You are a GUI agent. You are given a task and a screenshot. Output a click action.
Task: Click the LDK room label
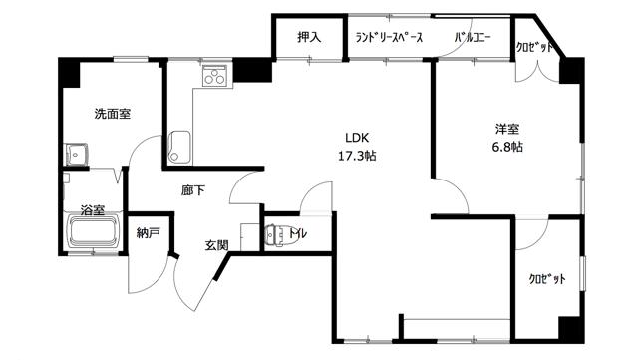[357, 138]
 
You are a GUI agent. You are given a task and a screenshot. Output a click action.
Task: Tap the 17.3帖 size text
[357, 156]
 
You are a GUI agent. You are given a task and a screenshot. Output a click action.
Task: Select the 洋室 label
[507, 129]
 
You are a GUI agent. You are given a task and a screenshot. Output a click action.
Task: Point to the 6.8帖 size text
[507, 147]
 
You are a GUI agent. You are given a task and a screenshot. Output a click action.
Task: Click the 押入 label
[309, 37]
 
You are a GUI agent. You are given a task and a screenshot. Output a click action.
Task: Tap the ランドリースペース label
[389, 38]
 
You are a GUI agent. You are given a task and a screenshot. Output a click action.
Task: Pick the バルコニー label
[473, 38]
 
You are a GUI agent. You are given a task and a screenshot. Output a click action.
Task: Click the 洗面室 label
[113, 114]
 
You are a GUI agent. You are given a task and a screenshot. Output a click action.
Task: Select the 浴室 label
[93, 210]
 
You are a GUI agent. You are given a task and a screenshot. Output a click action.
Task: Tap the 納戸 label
[149, 233]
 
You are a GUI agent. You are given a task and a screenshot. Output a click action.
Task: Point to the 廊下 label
[193, 190]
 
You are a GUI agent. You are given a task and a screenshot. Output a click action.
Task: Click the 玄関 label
[216, 245]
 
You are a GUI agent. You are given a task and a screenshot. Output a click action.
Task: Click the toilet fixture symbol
[275, 235]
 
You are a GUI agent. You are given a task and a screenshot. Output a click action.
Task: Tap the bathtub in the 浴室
[94, 233]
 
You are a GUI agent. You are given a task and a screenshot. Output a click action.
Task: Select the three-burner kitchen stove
[215, 76]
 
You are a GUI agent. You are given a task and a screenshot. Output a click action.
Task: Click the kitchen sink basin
[179, 147]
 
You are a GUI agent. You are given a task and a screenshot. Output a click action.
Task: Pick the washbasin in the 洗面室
[76, 155]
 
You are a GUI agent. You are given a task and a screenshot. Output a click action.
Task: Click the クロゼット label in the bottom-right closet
[547, 279]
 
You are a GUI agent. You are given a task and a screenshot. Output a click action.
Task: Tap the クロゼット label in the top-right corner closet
[534, 47]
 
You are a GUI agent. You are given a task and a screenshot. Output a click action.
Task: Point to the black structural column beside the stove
[252, 70]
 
